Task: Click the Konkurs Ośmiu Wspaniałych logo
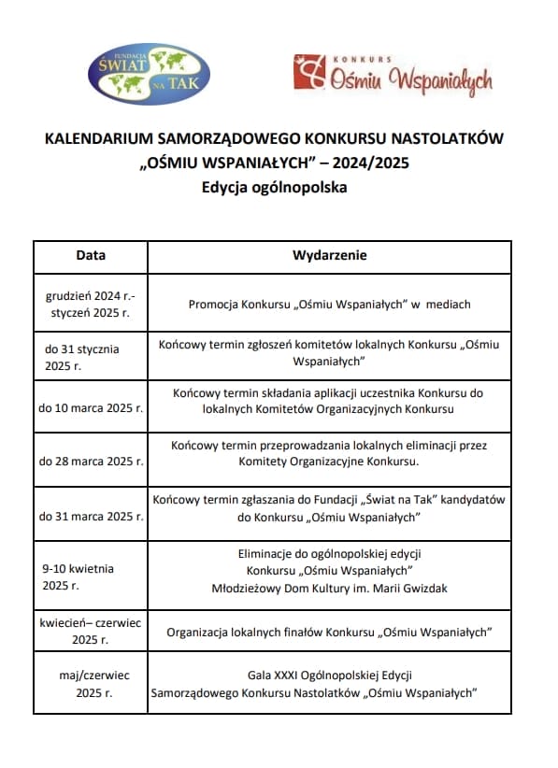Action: coord(392,76)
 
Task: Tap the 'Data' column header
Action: coord(91,255)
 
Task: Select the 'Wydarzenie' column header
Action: coord(330,255)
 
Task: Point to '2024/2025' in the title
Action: coord(370,163)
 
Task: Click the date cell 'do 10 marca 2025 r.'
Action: coord(91,408)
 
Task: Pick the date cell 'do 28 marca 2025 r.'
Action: coord(91,461)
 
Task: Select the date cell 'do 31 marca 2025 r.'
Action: coord(91,516)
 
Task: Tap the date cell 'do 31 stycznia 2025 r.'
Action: coord(83,357)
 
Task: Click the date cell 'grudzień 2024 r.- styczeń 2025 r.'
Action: coord(91,304)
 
